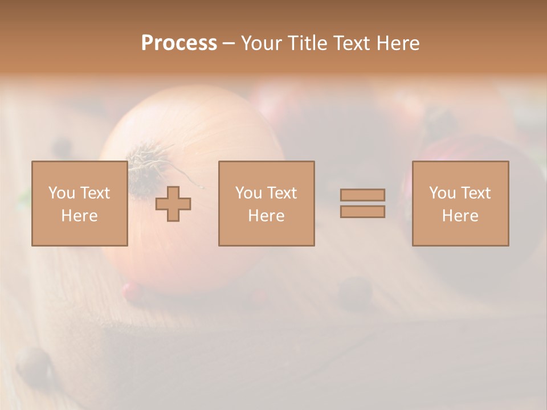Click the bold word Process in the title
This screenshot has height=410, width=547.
coord(179,43)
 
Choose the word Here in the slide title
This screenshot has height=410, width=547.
coord(399,43)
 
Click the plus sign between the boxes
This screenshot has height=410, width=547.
coord(173,203)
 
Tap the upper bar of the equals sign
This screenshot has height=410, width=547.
coord(362,195)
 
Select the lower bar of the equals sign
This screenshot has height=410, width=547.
coord(362,211)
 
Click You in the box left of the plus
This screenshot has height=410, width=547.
coord(61,193)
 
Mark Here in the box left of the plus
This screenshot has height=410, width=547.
coord(79,216)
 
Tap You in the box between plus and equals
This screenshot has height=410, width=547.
coord(248,193)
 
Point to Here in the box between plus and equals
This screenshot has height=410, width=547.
coord(266,216)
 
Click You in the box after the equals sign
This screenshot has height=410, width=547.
coord(442,193)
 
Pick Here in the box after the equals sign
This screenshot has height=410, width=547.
coord(460,216)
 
